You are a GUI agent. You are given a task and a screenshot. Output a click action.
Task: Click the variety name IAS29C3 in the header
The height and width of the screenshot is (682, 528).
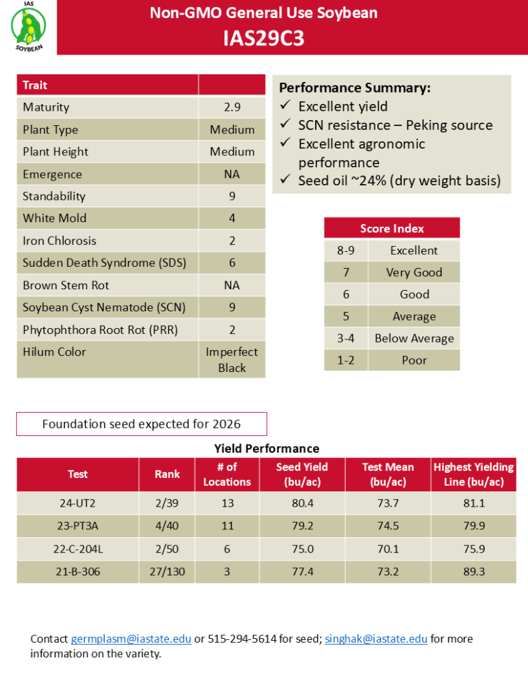click(x=264, y=39)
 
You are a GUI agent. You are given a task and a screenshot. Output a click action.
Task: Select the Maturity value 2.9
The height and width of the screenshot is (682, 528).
click(x=232, y=107)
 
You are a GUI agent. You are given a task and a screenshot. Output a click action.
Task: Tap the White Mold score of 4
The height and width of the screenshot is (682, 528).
click(x=232, y=218)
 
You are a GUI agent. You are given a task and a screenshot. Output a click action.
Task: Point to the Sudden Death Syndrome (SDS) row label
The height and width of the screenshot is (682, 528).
click(x=104, y=263)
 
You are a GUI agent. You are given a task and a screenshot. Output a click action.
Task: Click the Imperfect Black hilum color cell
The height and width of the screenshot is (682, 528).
click(x=232, y=360)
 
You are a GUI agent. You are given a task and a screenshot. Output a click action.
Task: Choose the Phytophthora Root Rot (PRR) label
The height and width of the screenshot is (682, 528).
click(x=100, y=329)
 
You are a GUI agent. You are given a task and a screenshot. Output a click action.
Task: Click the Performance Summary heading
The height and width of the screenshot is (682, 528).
click(x=354, y=88)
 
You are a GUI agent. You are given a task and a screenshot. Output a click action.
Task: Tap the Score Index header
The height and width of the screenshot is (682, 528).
click(x=392, y=228)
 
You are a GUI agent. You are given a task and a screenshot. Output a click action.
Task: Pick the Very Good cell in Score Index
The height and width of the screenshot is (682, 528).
click(x=414, y=272)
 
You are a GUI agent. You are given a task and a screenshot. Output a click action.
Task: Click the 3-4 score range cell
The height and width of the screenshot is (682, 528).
click(x=345, y=338)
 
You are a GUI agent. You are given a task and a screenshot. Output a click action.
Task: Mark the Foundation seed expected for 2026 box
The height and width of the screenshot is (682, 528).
click(x=142, y=424)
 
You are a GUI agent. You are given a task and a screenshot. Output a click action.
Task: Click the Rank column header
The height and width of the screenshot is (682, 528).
click(x=167, y=474)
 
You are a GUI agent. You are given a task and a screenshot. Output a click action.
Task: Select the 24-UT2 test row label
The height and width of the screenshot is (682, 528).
click(x=77, y=503)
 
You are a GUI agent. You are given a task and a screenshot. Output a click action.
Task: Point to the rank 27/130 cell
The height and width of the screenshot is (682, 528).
click(x=167, y=571)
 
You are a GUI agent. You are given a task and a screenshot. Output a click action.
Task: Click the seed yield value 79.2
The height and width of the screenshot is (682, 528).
click(x=302, y=526)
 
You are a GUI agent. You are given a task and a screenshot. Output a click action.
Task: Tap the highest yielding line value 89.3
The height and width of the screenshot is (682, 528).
click(x=473, y=571)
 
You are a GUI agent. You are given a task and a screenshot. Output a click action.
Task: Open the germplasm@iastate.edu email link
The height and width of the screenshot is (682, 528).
click(x=131, y=639)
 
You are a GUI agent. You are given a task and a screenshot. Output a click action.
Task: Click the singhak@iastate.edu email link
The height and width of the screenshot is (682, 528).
click(x=376, y=639)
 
